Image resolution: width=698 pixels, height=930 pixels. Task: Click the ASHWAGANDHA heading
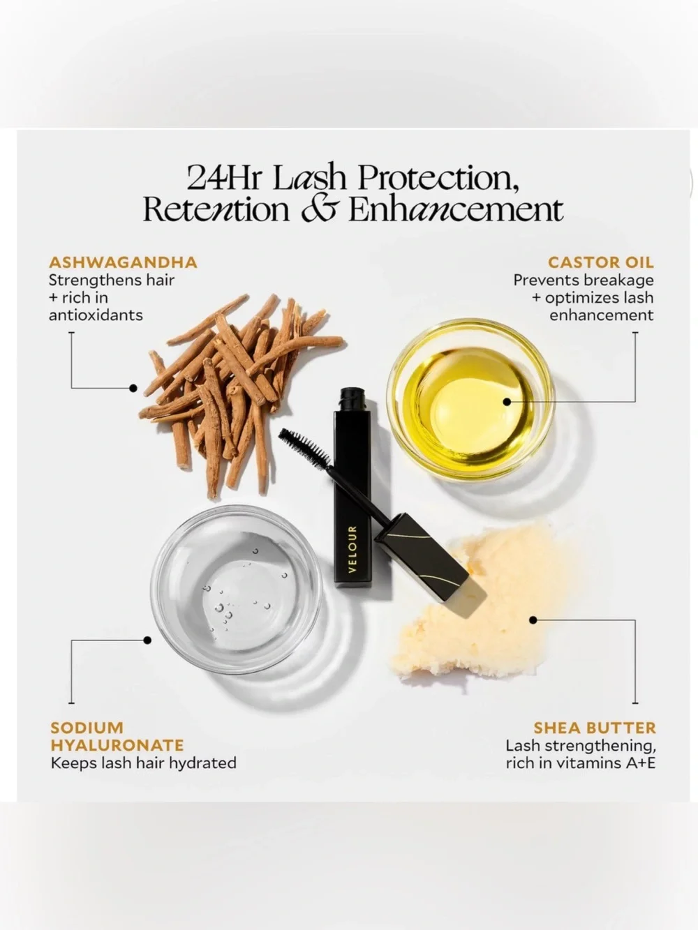(123, 262)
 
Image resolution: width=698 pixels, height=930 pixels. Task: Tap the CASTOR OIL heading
(600, 262)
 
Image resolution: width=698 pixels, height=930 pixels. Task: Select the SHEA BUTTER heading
(594, 728)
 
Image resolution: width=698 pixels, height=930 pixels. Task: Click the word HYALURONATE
(117, 745)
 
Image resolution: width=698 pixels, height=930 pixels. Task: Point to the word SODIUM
(87, 728)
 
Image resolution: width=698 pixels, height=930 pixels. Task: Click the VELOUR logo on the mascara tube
(352, 550)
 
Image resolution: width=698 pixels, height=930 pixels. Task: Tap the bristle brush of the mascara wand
(304, 447)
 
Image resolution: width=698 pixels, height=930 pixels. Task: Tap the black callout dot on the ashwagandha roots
(133, 388)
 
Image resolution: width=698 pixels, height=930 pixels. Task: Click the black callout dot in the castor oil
(507, 401)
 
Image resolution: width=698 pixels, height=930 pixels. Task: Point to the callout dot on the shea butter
(533, 620)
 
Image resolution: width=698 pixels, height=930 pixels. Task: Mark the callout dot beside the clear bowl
(147, 640)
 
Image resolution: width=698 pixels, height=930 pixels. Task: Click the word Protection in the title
(438, 178)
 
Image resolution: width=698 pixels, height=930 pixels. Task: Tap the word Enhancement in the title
(456, 209)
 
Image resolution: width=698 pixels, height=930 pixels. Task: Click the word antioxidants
(96, 315)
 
